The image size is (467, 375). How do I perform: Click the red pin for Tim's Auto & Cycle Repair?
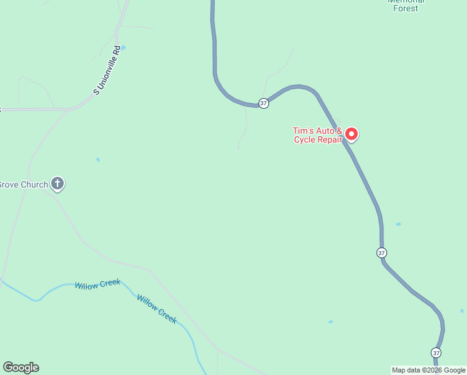pos(351,134)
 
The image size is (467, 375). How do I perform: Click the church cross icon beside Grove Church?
pos(57,184)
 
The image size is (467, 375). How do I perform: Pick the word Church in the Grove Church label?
pos(34,184)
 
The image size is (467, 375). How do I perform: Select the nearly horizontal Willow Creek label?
pos(97,284)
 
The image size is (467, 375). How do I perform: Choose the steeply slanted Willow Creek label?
pos(157,309)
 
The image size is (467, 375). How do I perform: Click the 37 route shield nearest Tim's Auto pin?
pos(264,103)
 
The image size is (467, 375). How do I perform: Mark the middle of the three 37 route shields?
pos(381,252)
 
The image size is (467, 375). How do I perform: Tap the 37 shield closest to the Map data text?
pos(436,352)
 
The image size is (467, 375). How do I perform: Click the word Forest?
pos(406,9)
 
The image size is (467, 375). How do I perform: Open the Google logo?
pos(21,367)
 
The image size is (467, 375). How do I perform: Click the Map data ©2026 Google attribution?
pos(428,370)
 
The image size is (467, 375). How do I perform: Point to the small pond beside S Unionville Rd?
pos(122,47)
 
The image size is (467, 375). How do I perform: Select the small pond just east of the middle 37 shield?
pos(398,224)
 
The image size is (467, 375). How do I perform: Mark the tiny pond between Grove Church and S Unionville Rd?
pos(98,159)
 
